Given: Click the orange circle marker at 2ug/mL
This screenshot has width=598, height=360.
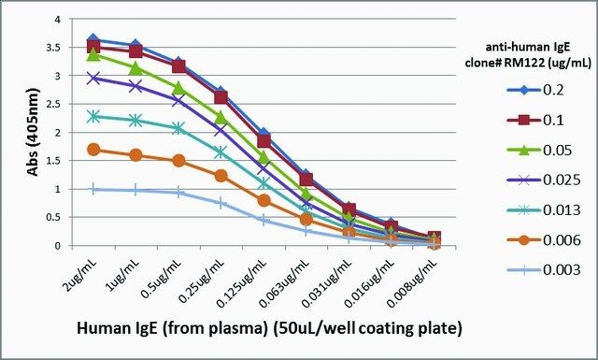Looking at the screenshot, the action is (x=93, y=150).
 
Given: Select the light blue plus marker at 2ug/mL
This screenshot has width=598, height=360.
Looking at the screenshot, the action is (x=93, y=189).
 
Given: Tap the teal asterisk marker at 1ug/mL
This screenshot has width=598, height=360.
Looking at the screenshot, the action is (x=136, y=121).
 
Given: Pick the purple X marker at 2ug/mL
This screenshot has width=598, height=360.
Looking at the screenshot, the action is (x=93, y=79).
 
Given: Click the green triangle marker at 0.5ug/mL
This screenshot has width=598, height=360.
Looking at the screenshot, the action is (x=178, y=88).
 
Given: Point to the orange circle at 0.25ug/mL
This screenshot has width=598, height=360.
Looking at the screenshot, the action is (x=221, y=176).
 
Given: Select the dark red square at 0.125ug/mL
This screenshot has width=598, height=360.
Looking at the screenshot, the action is (x=263, y=141).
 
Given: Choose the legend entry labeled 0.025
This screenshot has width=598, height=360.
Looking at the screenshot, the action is (x=544, y=180).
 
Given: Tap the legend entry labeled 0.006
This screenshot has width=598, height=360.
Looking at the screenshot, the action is (x=544, y=240).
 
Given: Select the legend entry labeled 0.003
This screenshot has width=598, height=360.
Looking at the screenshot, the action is (x=544, y=270).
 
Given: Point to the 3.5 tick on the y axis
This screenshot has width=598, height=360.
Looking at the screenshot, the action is (x=55, y=48).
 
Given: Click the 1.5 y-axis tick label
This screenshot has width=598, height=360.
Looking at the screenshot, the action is (x=55, y=161).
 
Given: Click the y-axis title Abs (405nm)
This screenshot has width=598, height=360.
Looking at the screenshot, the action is (x=34, y=132).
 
